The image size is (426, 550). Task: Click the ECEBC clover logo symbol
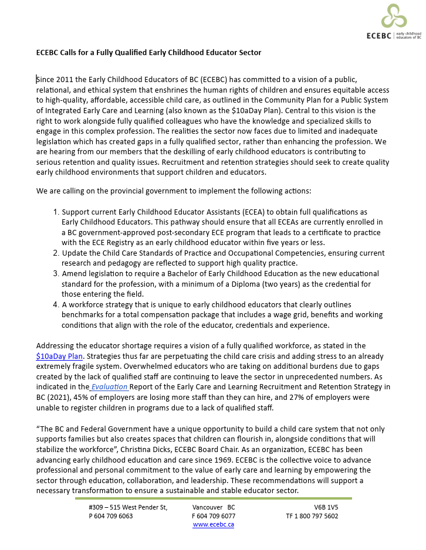coord(394,16)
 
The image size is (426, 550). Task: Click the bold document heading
coord(148,53)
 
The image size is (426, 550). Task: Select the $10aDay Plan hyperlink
coord(59,356)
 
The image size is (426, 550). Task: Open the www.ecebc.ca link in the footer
coord(213,524)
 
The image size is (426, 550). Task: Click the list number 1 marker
coord(56,212)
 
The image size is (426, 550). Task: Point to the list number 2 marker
coord(56,253)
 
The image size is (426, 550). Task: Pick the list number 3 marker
coord(56,274)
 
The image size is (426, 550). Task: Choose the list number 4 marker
coord(56,305)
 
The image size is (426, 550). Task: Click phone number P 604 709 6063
coord(110,516)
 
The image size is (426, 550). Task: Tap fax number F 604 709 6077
coord(213,516)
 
